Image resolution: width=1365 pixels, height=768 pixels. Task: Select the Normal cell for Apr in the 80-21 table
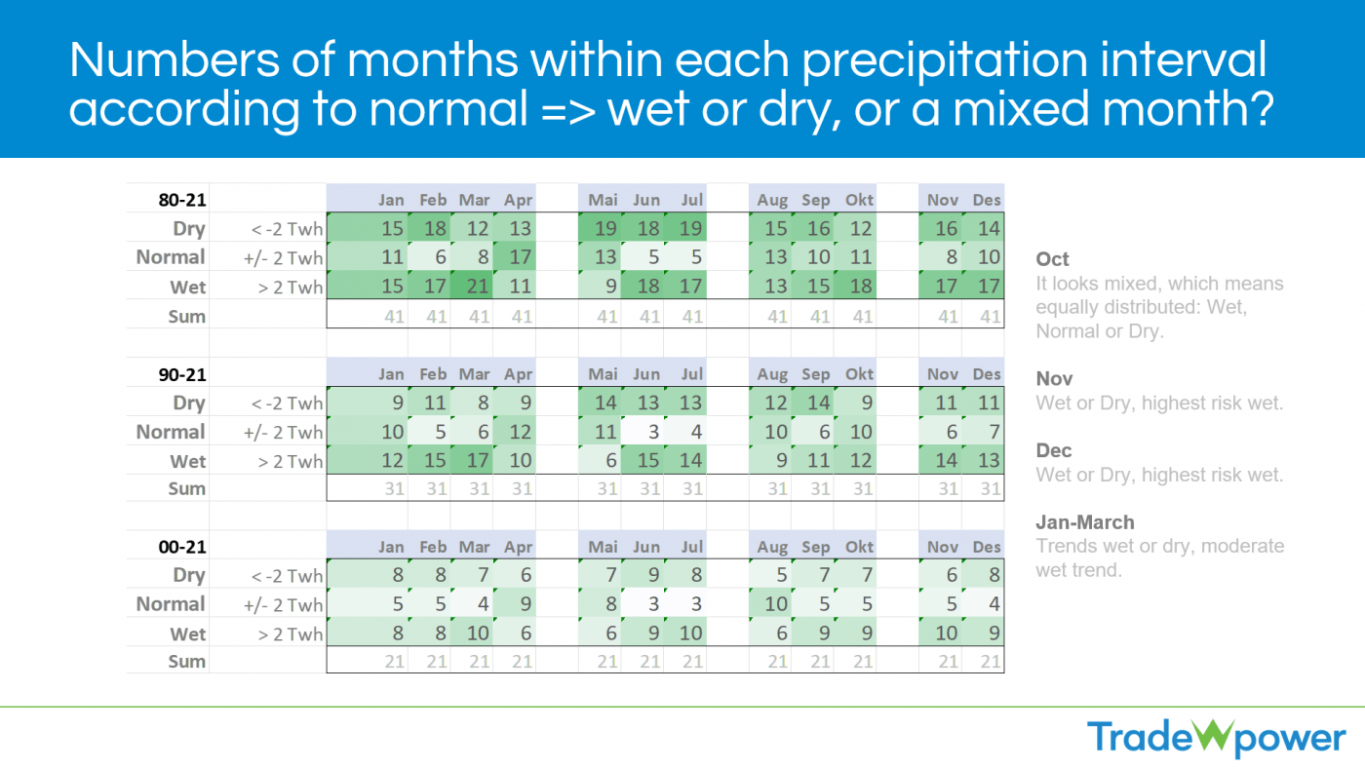[x=518, y=257]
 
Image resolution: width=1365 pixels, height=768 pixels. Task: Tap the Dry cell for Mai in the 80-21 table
[x=604, y=229]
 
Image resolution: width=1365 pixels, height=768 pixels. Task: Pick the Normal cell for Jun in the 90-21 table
[x=646, y=432]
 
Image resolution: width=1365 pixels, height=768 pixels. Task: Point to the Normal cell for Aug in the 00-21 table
[x=773, y=604]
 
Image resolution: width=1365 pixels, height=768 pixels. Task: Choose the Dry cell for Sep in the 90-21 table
[x=816, y=403]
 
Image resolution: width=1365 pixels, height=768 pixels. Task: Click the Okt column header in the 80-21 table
[x=859, y=200]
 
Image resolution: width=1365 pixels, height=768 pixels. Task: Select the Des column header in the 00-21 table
[x=987, y=547]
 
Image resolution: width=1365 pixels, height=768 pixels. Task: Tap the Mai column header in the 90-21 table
[x=604, y=374]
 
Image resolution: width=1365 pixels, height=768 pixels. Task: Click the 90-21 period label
[x=182, y=374]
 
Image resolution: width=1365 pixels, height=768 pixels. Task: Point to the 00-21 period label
[x=182, y=547]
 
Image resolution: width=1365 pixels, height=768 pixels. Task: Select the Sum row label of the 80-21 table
[x=186, y=316]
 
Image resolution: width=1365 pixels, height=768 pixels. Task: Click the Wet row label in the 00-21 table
[x=188, y=634]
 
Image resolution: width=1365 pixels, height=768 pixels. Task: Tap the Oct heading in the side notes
[x=1052, y=259]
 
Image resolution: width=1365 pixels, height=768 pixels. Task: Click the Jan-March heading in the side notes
[x=1084, y=522]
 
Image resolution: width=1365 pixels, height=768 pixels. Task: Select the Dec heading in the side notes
[x=1053, y=450]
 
